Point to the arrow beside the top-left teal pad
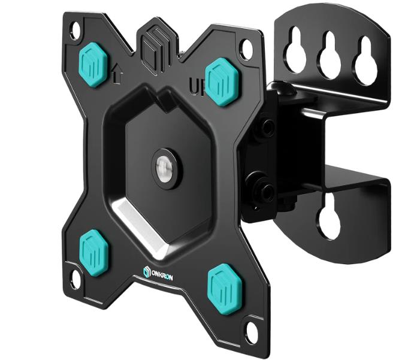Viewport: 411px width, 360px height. (118, 75)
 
